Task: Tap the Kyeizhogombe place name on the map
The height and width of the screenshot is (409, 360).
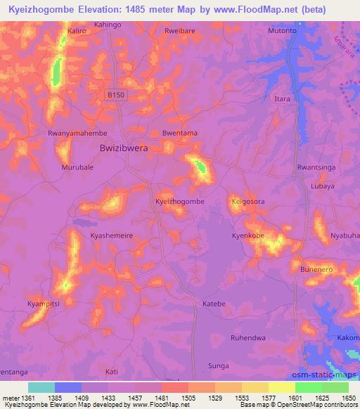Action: click(x=179, y=201)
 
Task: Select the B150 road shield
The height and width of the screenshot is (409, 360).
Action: click(x=115, y=94)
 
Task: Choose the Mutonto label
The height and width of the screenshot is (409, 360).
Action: click(x=283, y=32)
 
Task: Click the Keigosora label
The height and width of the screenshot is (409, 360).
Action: click(x=247, y=202)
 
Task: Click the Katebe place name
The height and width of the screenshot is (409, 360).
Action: click(x=214, y=304)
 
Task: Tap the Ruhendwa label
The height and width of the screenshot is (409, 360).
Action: click(x=248, y=338)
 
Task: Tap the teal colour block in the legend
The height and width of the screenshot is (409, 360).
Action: click(x=41, y=387)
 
